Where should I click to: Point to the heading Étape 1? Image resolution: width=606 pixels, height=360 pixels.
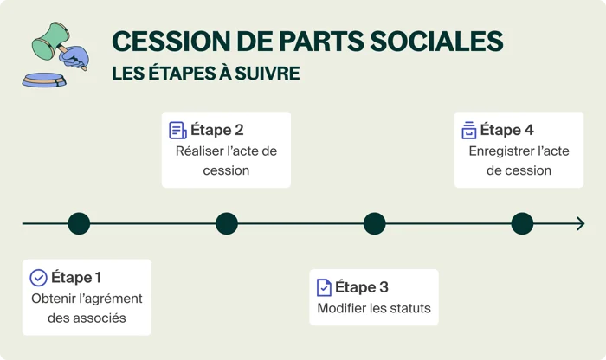tap(76, 278)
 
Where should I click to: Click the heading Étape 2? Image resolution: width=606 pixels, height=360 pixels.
tap(217, 130)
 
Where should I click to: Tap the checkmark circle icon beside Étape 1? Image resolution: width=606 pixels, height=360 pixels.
tap(38, 278)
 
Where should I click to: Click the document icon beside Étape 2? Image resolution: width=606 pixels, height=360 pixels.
tap(177, 131)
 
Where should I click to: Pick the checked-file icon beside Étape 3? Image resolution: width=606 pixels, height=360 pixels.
tap(324, 287)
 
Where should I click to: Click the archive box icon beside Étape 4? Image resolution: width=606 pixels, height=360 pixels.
tap(468, 131)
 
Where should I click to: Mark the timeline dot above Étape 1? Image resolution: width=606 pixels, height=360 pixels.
tap(79, 224)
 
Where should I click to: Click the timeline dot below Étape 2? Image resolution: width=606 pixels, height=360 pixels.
tap(227, 224)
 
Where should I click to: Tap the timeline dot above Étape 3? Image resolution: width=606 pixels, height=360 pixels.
tap(374, 224)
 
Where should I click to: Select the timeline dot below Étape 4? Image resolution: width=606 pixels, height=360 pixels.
tap(522, 224)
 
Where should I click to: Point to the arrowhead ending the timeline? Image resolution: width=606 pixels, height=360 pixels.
tap(580, 224)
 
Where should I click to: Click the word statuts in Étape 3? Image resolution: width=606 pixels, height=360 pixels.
tap(407, 309)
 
